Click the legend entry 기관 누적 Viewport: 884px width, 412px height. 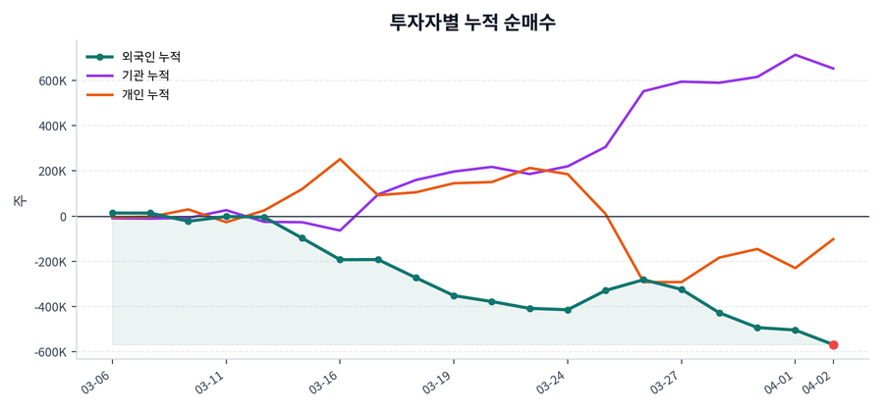144,76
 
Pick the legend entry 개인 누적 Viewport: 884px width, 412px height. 144,94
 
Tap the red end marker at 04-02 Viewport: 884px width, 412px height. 833,345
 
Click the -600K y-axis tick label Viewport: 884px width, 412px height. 49,352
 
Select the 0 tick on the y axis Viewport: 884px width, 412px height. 62,217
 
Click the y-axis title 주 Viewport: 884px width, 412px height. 18,201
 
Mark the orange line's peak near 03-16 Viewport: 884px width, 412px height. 340,159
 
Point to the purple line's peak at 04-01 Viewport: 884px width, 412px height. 796,55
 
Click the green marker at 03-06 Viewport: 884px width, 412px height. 112,213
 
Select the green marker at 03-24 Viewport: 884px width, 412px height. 568,310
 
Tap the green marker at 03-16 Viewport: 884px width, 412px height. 340,260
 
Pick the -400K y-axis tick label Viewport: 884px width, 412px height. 49,307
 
